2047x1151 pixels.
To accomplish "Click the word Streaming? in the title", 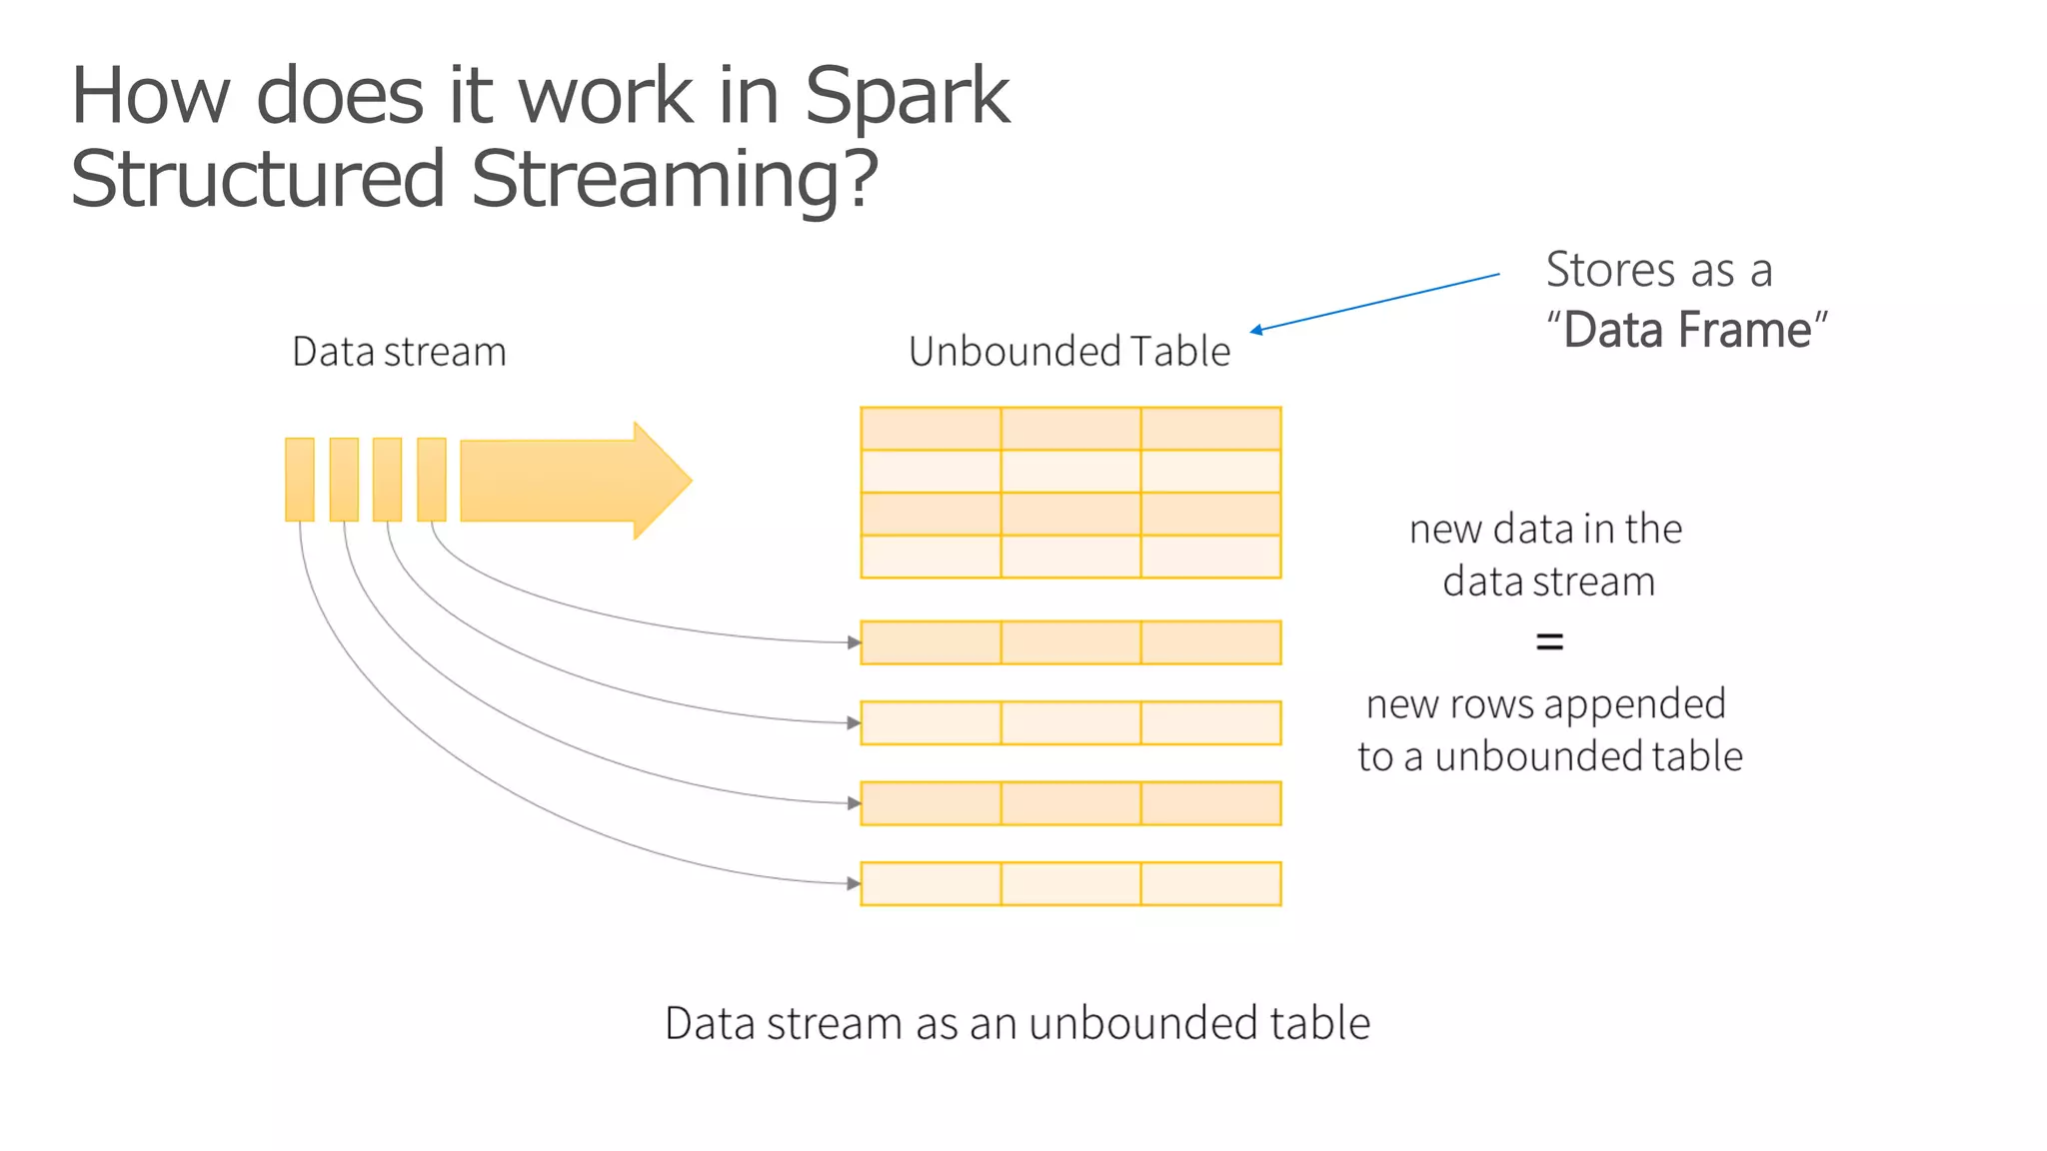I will [x=675, y=179].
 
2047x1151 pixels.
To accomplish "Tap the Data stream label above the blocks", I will [x=399, y=352].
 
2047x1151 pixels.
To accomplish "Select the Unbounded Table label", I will [x=1068, y=352].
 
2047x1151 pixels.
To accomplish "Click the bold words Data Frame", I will [x=1687, y=330].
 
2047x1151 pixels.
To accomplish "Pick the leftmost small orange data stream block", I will [x=300, y=480].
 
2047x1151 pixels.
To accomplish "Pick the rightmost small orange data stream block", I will [x=432, y=480].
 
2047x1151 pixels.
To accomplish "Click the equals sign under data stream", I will [x=1548, y=641].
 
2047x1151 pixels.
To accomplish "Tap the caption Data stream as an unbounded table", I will [x=1017, y=1023].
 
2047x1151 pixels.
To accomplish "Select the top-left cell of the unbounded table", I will [x=931, y=429].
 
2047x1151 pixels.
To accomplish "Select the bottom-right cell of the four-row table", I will [x=1210, y=557].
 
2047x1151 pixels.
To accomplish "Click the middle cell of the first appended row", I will [x=1070, y=642].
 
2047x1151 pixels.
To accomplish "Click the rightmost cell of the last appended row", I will [x=1210, y=883].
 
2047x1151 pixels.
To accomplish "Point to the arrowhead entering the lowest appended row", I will [x=854, y=883].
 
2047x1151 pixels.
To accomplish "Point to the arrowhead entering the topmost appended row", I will [x=854, y=642].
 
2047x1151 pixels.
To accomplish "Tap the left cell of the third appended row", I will [x=931, y=803].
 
